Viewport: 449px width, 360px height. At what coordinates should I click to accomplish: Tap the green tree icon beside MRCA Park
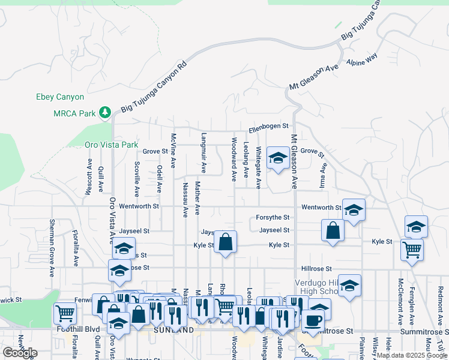click(x=105, y=112)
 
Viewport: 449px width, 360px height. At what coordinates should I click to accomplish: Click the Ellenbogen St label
click(x=269, y=127)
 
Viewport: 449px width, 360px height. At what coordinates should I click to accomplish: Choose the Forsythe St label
click(x=273, y=217)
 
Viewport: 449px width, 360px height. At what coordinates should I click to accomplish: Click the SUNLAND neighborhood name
click(x=173, y=330)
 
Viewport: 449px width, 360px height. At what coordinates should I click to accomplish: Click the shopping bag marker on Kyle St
click(x=226, y=242)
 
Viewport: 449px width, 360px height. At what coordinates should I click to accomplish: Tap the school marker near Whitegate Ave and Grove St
click(x=277, y=158)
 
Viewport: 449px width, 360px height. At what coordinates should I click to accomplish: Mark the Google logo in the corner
click(x=20, y=353)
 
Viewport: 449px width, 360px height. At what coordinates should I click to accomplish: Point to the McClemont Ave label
click(x=400, y=300)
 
